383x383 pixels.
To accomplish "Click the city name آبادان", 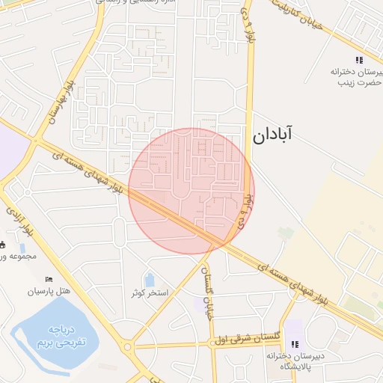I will pos(272,135).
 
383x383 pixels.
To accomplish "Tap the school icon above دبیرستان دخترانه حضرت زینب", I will pos(359,60).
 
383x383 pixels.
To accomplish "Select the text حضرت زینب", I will pos(354,82).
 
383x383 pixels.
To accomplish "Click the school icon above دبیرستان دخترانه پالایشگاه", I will pos(295,344).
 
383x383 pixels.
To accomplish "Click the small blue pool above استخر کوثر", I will pos(149,280).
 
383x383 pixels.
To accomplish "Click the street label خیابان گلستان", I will pos(209,295).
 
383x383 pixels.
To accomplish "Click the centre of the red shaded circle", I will pos(191,191).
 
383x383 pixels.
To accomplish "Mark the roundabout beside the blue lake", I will pos(128,346).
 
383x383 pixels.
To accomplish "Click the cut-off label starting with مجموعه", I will pos(12,257).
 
